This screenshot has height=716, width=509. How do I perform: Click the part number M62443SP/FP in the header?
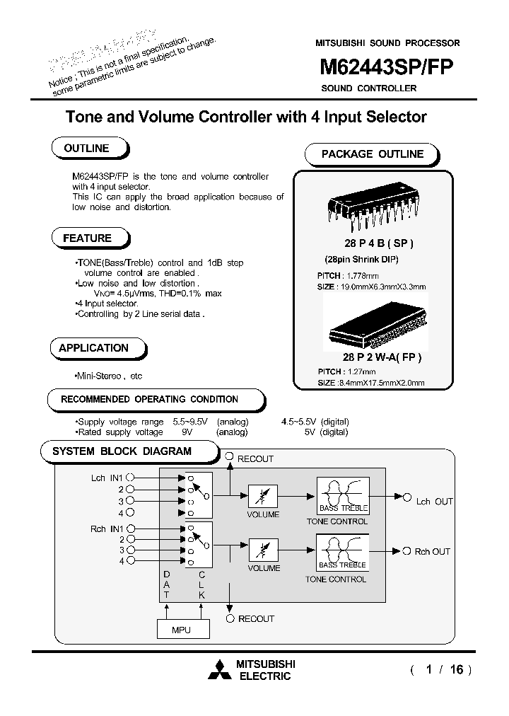387,67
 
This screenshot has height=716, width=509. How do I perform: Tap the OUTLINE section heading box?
87,149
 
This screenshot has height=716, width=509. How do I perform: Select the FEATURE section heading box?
88,238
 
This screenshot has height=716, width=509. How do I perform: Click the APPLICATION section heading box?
94,348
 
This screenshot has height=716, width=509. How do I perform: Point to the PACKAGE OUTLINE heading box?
373,154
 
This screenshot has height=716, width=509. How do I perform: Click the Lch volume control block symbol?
262,495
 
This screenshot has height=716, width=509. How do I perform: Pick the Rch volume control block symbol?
262,548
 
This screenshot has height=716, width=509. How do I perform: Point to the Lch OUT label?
434,502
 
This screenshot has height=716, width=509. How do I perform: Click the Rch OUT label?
432,552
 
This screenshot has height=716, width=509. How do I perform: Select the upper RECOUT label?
255,459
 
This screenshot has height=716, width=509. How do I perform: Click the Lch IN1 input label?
107,478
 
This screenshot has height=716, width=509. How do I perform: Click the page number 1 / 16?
440,669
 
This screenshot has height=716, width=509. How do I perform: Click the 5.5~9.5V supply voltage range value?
191,422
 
